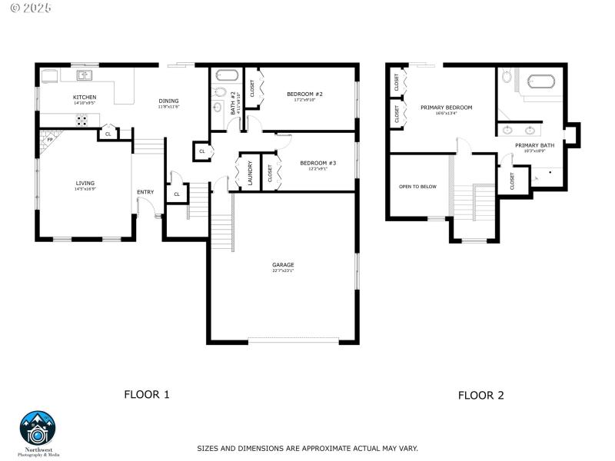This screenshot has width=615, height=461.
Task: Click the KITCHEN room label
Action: [85, 98]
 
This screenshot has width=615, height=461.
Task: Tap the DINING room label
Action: [168, 101]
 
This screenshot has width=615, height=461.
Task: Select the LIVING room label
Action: [85, 183]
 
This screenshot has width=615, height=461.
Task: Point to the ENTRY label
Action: [145, 192]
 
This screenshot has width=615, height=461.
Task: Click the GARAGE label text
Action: [283, 265]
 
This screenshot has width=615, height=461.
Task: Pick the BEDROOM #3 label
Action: [317, 163]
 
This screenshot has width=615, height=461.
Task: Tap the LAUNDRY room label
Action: [250, 173]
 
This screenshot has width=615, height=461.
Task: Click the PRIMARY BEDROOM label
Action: [446, 108]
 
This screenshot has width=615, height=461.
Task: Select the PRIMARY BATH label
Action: [534, 145]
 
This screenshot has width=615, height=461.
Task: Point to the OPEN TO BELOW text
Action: [417, 186]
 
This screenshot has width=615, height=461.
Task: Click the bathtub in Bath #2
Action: [226, 76]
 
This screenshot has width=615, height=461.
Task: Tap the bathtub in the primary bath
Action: [544, 81]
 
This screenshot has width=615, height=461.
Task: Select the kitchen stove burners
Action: [81, 120]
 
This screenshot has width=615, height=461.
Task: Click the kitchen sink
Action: [85, 75]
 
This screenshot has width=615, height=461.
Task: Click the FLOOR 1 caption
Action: [147, 394]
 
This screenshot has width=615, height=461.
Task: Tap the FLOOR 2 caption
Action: [481, 396]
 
